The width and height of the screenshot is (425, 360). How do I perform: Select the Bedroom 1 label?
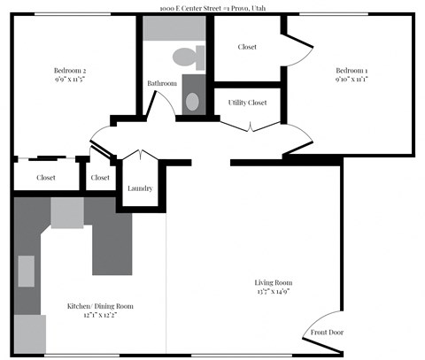(x=351, y=71)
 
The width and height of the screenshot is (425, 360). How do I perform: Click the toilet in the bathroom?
(x=188, y=58)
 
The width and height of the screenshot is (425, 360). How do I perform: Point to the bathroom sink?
(x=193, y=99)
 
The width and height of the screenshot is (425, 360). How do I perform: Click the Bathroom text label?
(x=161, y=84)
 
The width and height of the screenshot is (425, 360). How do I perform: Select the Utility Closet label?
(x=247, y=103)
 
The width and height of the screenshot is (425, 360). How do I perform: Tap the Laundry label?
(x=140, y=188)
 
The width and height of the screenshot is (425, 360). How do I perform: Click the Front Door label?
(x=327, y=333)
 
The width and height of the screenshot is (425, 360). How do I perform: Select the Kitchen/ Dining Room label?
(x=100, y=306)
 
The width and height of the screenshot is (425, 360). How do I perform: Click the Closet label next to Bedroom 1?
(x=247, y=47)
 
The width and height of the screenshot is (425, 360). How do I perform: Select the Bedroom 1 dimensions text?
(x=351, y=80)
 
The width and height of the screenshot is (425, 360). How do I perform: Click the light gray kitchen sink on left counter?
(x=27, y=271)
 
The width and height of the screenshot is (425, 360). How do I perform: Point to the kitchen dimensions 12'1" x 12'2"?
(x=100, y=316)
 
